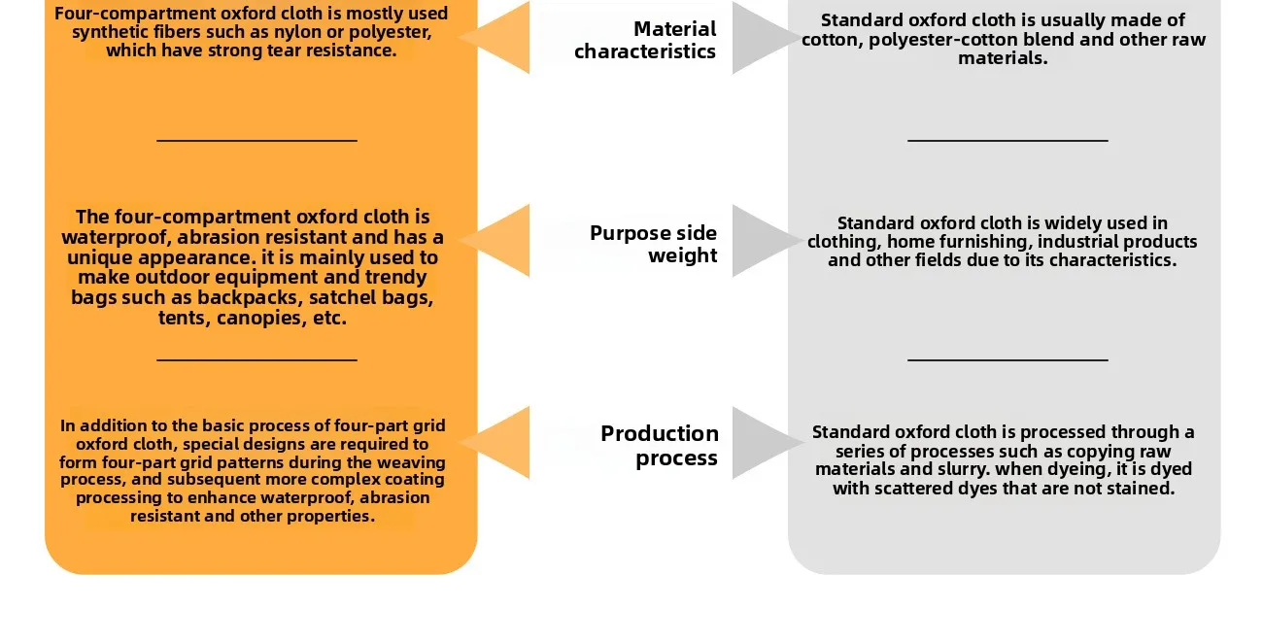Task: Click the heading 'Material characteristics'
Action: click(x=645, y=40)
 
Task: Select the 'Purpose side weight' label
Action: click(x=653, y=244)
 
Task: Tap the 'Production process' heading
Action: click(x=660, y=445)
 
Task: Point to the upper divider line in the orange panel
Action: click(x=256, y=141)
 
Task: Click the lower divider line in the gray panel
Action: click(x=1007, y=360)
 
